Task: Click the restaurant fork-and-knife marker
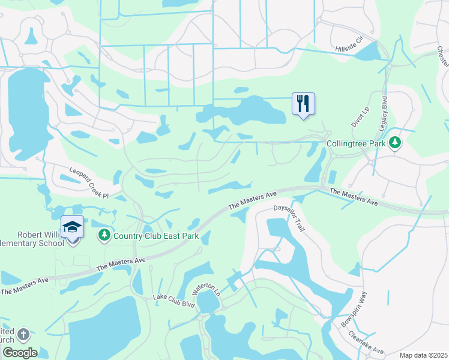tap(303, 103)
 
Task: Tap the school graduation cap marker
tap(72, 227)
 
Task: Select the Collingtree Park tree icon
tap(395, 143)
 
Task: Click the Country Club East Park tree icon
tap(104, 235)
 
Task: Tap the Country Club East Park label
tap(156, 236)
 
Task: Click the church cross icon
tap(23, 334)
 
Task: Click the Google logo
tap(20, 353)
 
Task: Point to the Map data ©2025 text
tap(423, 355)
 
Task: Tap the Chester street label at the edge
tap(443, 60)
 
